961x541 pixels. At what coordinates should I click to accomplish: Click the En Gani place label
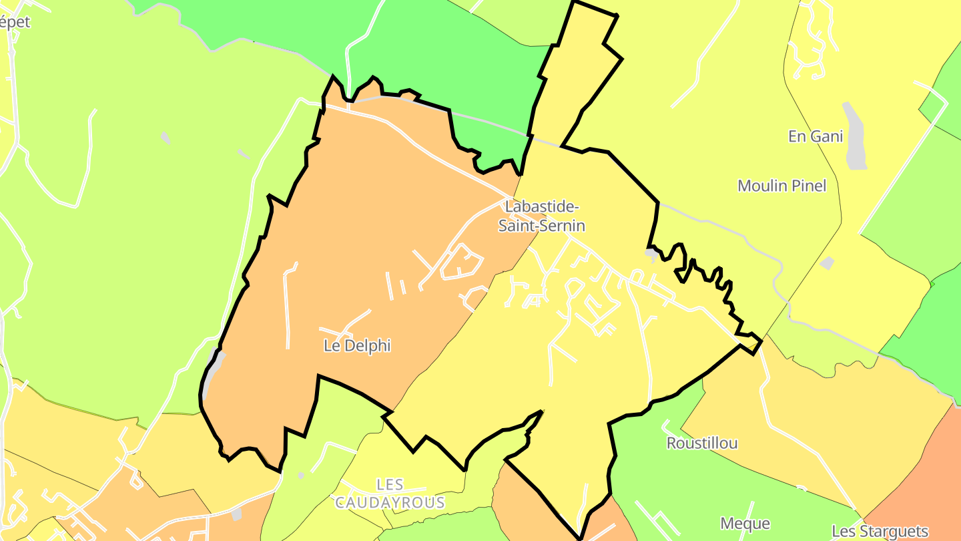[x=816, y=137]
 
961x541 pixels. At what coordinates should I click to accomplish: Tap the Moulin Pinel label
[x=781, y=186]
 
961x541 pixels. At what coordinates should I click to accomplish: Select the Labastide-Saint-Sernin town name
[x=542, y=216]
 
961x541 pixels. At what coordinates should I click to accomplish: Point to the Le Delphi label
[x=356, y=346]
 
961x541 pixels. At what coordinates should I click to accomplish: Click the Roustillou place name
[x=702, y=443]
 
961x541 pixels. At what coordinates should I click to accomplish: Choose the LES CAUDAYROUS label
[x=390, y=494]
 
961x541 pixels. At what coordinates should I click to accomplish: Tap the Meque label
[x=745, y=524]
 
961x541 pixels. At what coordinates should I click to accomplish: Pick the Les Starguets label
[x=880, y=532]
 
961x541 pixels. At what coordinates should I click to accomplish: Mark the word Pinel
[x=808, y=186]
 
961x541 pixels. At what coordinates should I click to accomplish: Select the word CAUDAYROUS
[x=390, y=502]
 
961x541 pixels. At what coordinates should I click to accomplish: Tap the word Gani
[x=828, y=137]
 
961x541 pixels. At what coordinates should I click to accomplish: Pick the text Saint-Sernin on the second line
[x=542, y=226]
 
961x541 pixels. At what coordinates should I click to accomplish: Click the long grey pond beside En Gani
[x=854, y=137]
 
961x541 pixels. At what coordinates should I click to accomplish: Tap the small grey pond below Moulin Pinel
[x=827, y=263]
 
